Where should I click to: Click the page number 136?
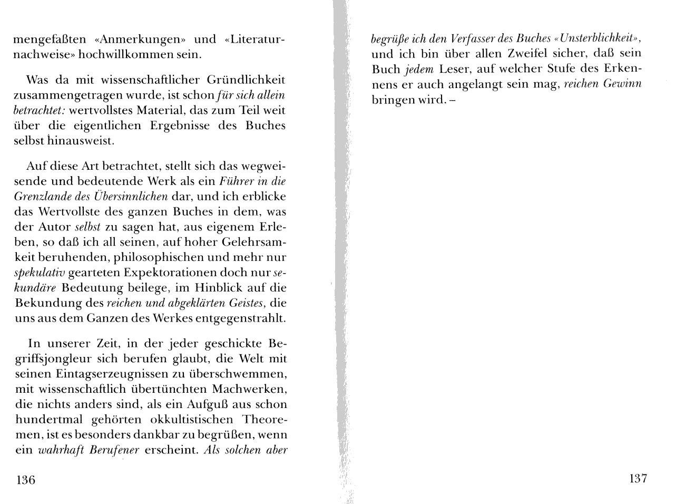26,480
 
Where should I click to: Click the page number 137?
638,479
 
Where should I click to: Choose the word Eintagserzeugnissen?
115,374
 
